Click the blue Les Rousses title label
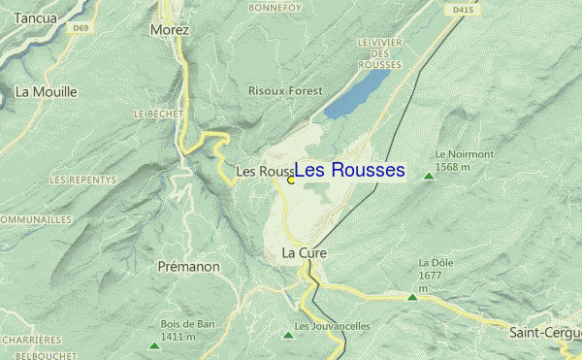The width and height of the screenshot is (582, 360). click(349, 171)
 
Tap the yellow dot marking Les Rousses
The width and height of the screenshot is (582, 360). click(291, 180)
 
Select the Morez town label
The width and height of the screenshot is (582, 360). click(170, 30)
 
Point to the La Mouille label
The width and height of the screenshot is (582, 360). click(46, 92)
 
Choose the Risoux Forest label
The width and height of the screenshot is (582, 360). click(284, 90)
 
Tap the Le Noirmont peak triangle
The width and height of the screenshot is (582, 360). click(429, 178)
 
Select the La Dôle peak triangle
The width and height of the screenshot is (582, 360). click(412, 297)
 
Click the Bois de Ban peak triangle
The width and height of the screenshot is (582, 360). click(154, 345)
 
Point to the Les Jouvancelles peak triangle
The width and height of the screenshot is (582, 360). click(287, 335)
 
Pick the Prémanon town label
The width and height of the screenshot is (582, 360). click(188, 265)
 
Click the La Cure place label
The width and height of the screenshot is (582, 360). click(304, 252)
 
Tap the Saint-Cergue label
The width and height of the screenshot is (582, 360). click(545, 332)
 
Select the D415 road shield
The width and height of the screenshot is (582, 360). click(463, 10)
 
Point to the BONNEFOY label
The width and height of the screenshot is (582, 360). click(276, 8)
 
